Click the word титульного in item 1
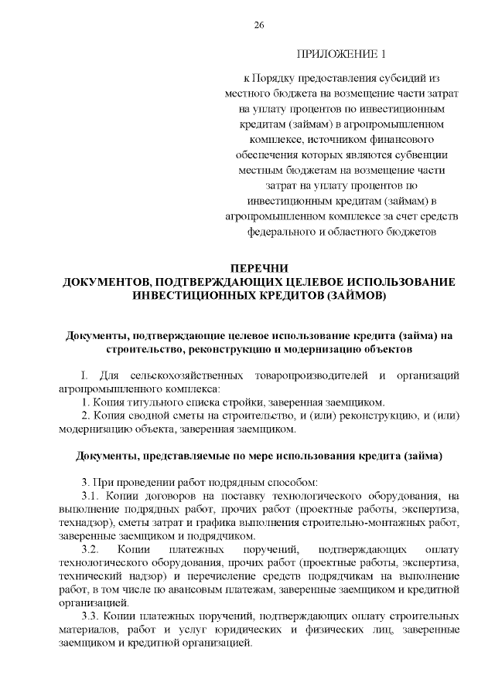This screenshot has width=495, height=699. (152, 402)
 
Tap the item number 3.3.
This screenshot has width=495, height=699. (90, 618)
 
